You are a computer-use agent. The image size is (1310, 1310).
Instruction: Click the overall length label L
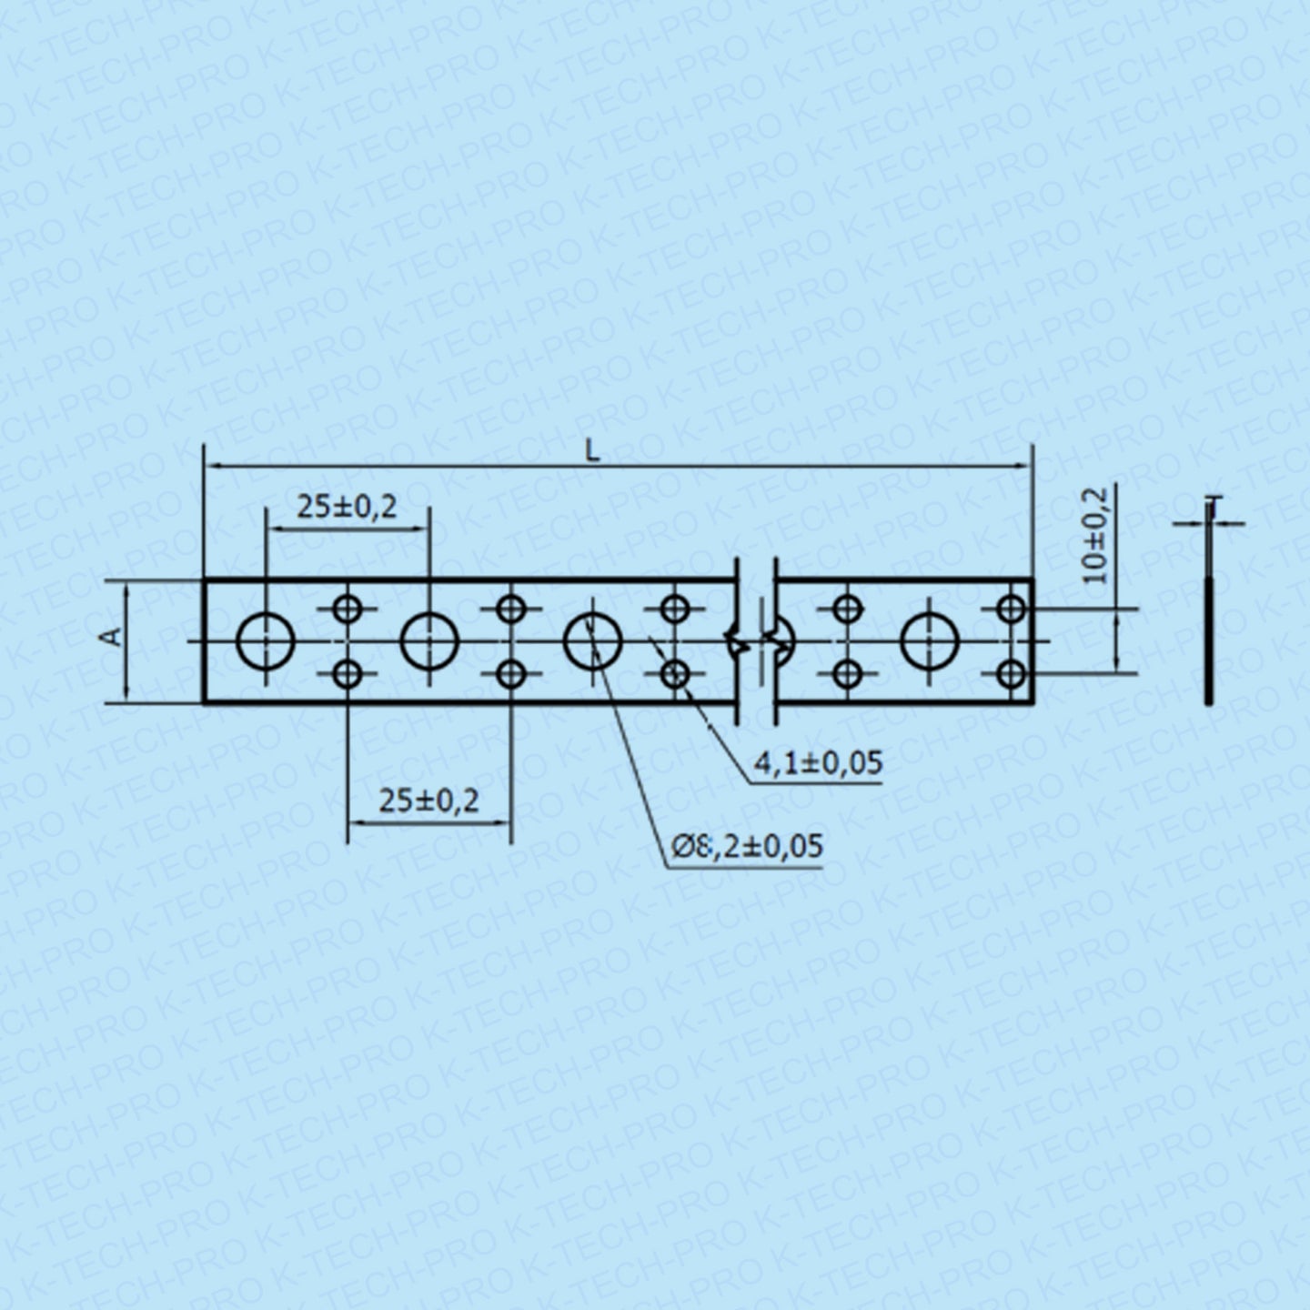593,450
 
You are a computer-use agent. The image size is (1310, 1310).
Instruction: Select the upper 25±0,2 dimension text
347,507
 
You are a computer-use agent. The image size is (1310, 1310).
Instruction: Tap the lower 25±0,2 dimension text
429,801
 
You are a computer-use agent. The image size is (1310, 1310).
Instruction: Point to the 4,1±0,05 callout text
818,762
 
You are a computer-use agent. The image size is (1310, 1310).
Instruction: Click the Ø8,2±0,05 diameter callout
747,846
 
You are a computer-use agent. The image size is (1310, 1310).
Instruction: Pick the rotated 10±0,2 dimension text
1096,536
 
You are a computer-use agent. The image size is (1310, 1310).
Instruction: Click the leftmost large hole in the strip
266,640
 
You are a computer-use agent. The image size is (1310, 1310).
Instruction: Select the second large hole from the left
429,640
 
